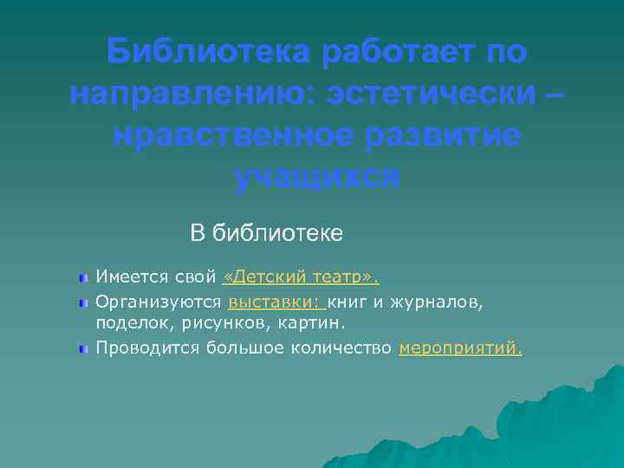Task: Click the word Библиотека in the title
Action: click(x=208, y=53)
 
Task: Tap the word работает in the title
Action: click(x=400, y=53)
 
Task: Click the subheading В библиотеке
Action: click(x=267, y=232)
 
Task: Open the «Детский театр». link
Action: click(x=302, y=278)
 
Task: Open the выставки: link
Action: click(x=276, y=302)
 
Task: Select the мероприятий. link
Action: click(x=461, y=348)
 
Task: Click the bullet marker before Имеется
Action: click(x=82, y=279)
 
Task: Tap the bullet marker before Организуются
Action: click(x=82, y=302)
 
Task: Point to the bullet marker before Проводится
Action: click(x=82, y=349)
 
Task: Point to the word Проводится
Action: click(x=147, y=348)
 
